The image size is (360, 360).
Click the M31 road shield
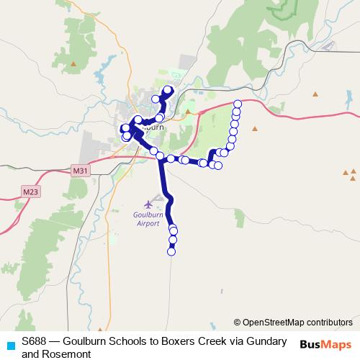[x=80, y=171]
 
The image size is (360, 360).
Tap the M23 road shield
[x=30, y=192]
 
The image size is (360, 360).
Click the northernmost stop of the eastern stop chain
[x=238, y=105]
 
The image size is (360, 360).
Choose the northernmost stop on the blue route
[x=168, y=90]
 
